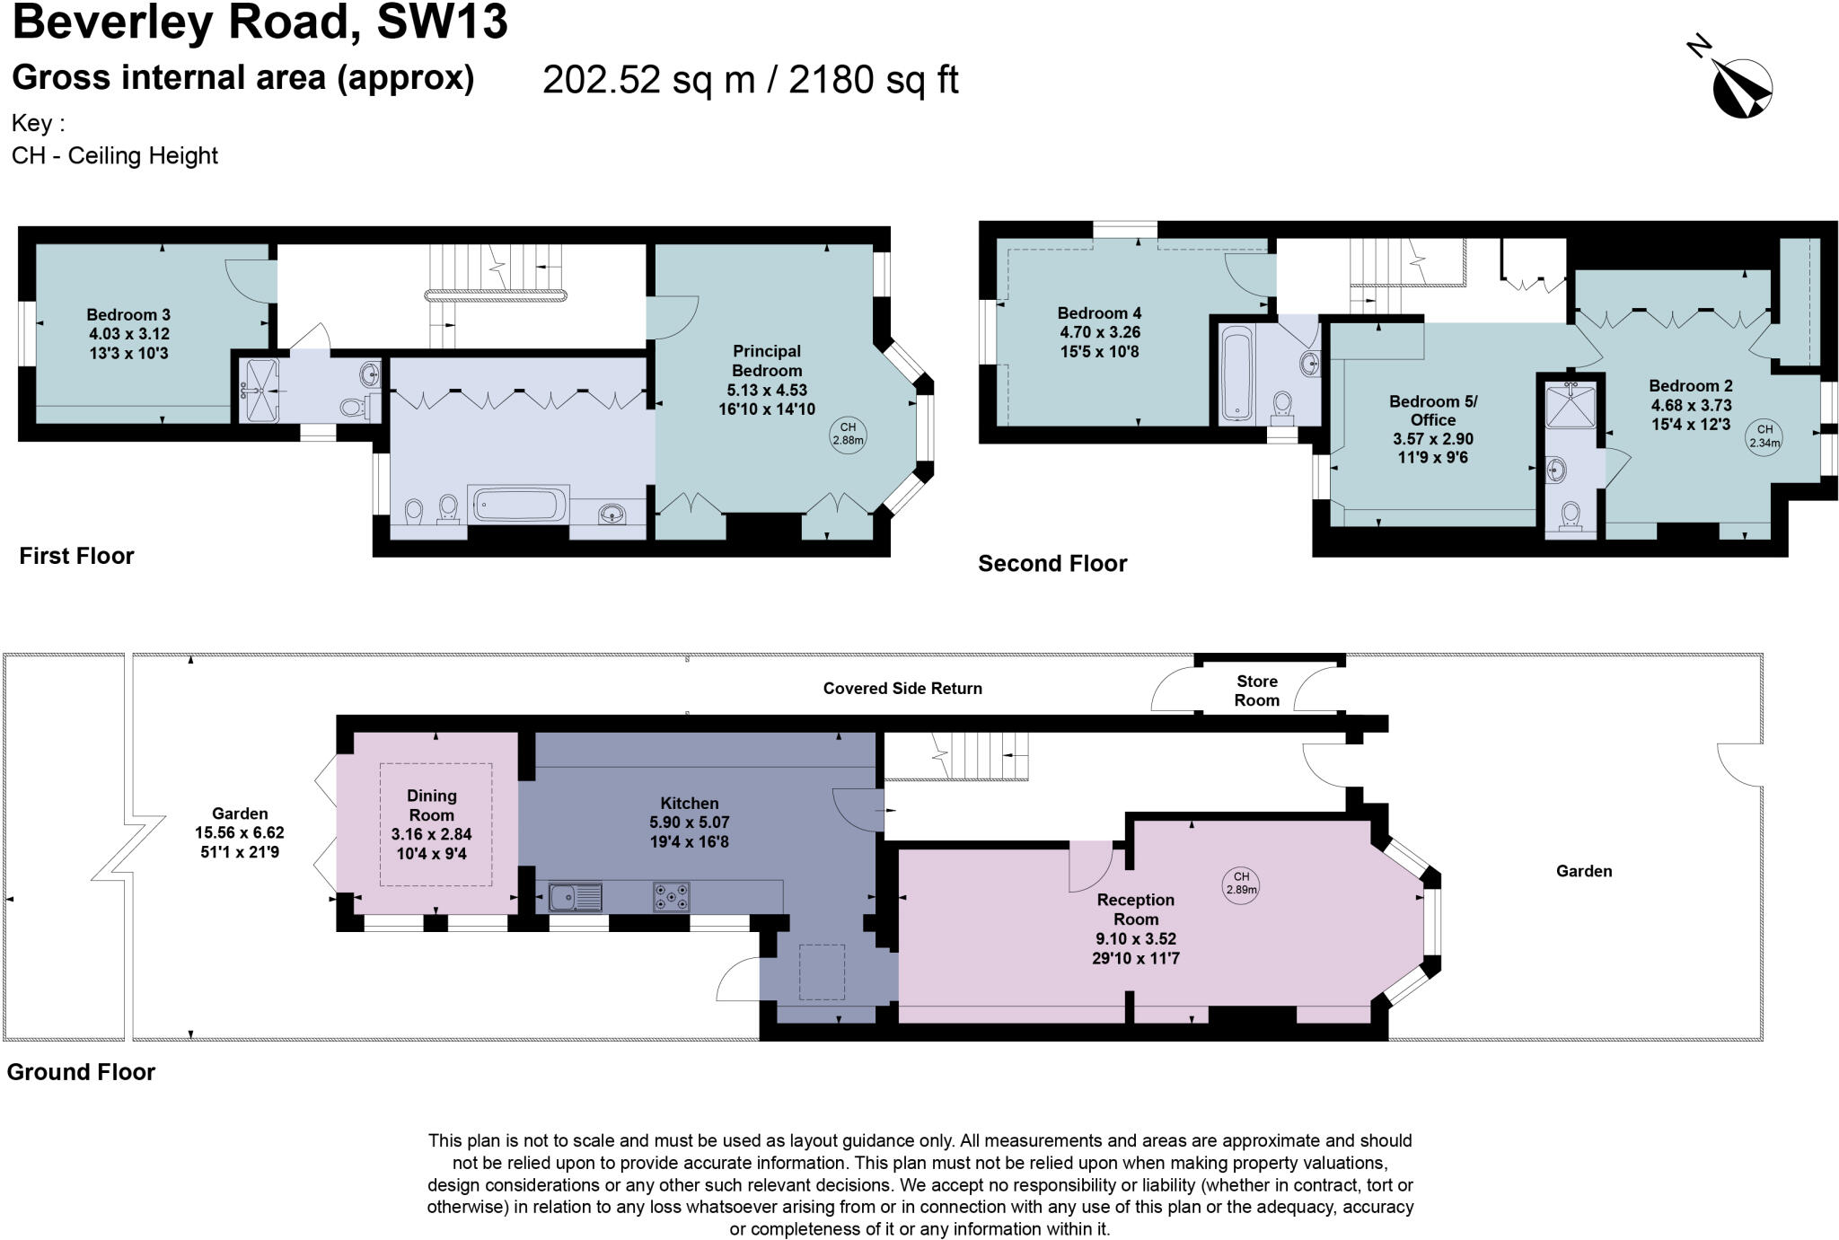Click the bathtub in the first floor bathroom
pyautogui.click(x=518, y=505)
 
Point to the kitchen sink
pyautogui.click(x=576, y=896)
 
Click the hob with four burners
pyautogui.click(x=671, y=896)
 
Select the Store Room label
pyautogui.click(x=1256, y=690)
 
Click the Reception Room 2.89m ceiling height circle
pyautogui.click(x=1241, y=884)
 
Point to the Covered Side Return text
pyautogui.click(x=902, y=689)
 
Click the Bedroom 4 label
pyautogui.click(x=1099, y=313)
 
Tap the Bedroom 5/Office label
pyautogui.click(x=1432, y=410)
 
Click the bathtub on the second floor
pyautogui.click(x=1237, y=374)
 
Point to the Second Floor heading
pyautogui.click(x=1052, y=564)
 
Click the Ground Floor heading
pyautogui.click(x=81, y=1072)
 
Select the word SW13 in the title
pyautogui.click(x=442, y=22)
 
